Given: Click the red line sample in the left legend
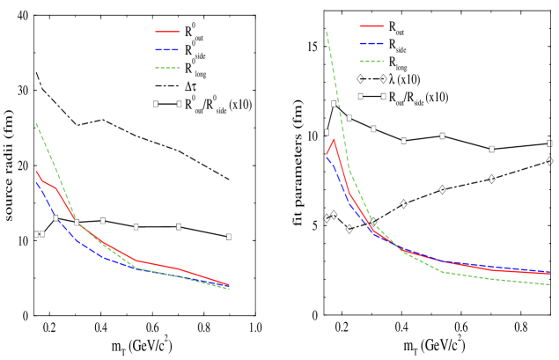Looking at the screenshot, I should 167,32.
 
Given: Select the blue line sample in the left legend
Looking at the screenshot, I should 167,49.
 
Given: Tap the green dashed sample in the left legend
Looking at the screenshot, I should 167,68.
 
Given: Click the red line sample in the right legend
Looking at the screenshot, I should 371,26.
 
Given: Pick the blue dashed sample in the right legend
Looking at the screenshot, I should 371,43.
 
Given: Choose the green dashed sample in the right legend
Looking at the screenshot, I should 371,62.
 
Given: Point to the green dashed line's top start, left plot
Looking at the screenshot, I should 36,123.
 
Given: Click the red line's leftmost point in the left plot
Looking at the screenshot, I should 36,172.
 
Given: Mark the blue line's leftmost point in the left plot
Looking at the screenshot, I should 36,182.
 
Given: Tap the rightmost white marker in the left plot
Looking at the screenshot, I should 229,236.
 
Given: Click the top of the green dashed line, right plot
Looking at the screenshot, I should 327,33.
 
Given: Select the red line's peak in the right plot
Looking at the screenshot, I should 334,139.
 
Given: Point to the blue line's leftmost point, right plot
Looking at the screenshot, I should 327,158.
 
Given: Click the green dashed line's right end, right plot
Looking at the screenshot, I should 550,284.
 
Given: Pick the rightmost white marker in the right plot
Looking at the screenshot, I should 549,143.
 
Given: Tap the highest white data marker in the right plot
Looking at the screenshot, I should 360,96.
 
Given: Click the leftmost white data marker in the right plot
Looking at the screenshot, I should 327,132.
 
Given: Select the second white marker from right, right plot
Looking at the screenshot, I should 491,149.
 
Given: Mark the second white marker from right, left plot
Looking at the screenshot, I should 179,226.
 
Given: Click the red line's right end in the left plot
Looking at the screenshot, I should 229,284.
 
